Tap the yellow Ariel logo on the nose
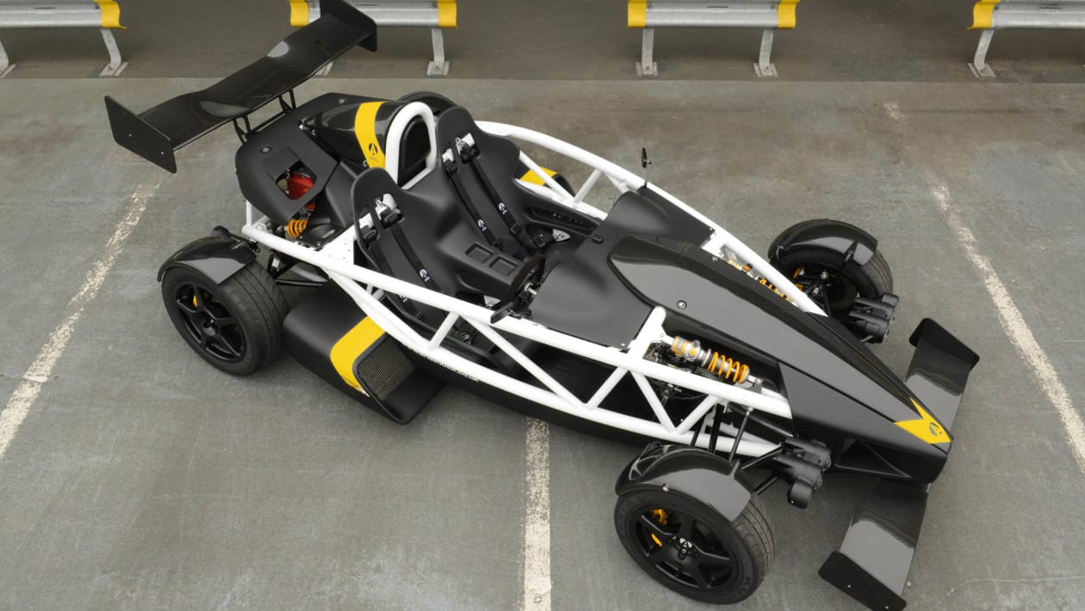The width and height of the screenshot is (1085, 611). coord(924,427)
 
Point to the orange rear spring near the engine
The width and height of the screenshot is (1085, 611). coord(297,227)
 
